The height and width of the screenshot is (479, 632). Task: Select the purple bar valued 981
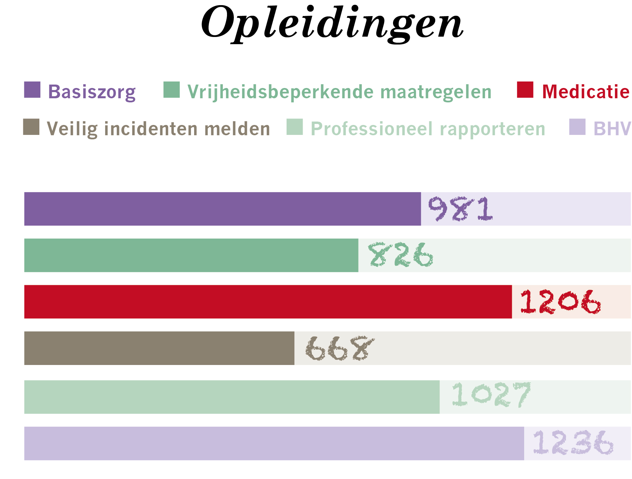(223, 209)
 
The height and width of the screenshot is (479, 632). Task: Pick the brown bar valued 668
(159, 348)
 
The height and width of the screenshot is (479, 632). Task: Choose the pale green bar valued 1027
(232, 397)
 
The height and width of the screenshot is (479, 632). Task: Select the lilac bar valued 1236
(274, 443)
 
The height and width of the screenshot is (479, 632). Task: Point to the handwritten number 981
(460, 209)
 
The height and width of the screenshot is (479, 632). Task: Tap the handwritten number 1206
(560, 302)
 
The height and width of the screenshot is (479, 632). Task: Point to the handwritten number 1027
(491, 395)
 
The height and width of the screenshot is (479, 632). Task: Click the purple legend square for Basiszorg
(32, 90)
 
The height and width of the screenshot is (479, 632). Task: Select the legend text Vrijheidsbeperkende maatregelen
(339, 92)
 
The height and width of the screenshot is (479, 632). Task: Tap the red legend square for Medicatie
(525, 90)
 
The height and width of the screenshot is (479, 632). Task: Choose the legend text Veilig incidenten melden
(158, 129)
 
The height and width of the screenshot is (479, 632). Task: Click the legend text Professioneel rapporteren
(428, 129)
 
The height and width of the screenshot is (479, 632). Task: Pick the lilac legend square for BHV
(577, 127)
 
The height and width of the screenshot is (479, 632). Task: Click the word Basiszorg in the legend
(92, 92)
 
